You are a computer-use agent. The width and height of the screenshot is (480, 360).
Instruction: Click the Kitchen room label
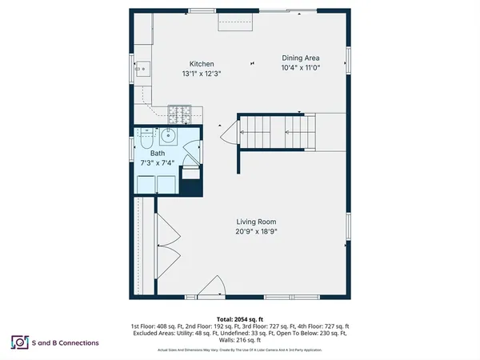click(201, 64)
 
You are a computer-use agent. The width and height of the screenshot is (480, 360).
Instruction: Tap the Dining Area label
click(302, 58)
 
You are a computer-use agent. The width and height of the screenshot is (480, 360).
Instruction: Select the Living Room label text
click(256, 222)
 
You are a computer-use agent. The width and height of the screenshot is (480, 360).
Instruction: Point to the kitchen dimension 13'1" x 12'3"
click(201, 74)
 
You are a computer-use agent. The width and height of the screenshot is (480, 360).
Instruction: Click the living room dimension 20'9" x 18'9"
click(256, 231)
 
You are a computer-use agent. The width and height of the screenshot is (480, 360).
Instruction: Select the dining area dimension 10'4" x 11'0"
click(302, 68)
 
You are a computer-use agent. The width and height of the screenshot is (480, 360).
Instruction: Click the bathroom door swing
click(190, 148)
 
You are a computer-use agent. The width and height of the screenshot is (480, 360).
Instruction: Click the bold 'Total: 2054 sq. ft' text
click(240, 319)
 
